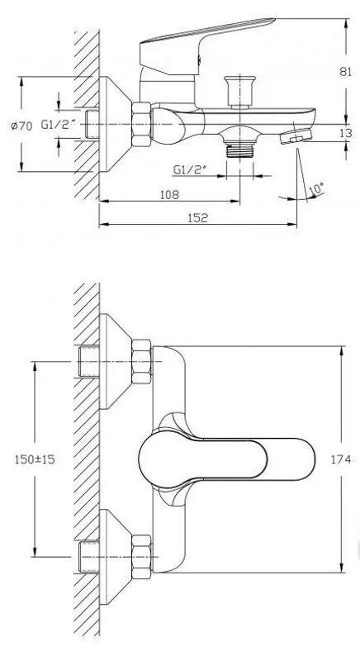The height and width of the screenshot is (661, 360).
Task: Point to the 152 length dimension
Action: [196, 218]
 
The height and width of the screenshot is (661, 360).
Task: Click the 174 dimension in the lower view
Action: [347, 459]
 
